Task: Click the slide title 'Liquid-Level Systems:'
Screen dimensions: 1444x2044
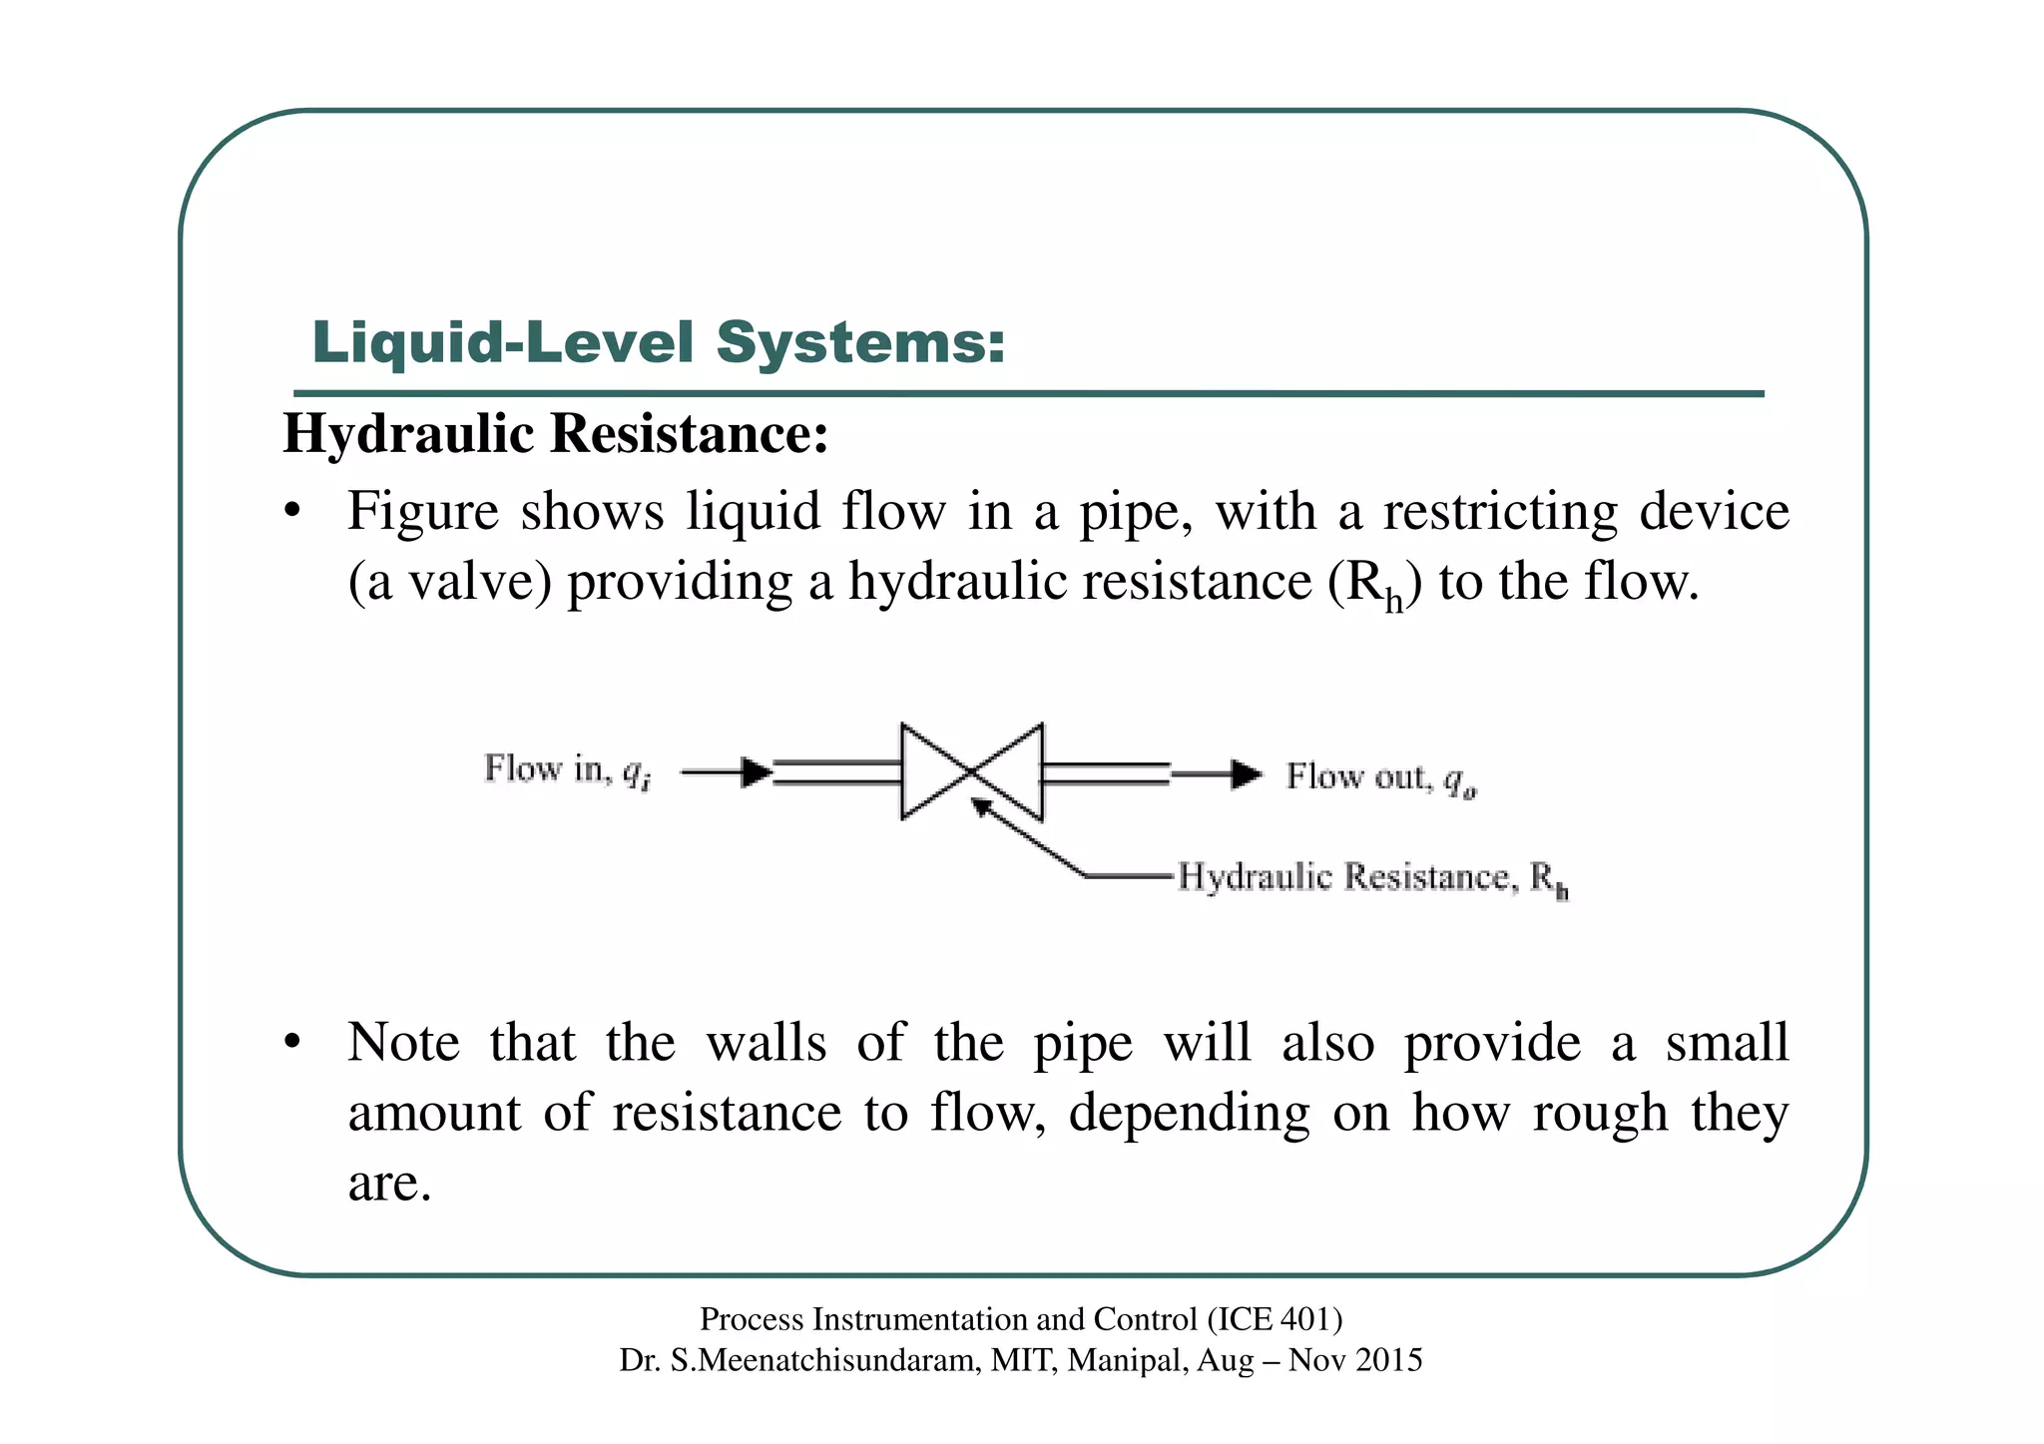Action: point(659,342)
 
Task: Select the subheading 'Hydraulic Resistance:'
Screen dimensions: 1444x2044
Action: point(556,434)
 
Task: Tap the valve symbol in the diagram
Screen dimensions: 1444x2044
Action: point(972,771)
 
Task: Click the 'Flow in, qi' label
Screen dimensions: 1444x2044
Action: point(567,770)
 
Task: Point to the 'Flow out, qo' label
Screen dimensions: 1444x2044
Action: point(1380,777)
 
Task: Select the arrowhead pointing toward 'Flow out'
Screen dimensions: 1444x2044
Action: point(1246,773)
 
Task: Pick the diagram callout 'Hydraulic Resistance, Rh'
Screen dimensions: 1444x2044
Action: point(1372,878)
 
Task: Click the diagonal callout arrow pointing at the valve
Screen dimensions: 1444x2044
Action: point(1028,836)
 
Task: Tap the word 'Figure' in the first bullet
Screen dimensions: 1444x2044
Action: point(422,511)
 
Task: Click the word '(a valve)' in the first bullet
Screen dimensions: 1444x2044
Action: point(449,581)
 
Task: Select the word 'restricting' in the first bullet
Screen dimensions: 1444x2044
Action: point(1500,511)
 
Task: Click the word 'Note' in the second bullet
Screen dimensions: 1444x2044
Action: point(403,1042)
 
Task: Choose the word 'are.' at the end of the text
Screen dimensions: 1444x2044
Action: point(389,1183)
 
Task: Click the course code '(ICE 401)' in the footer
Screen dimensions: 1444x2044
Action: point(1275,1319)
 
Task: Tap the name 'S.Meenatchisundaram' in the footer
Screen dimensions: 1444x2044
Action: point(825,1360)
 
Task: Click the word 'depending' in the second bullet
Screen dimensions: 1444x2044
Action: point(1189,1114)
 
